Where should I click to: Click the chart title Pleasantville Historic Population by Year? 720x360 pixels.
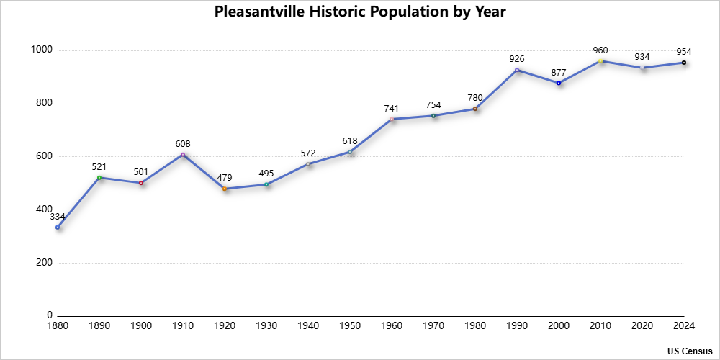[x=360, y=12]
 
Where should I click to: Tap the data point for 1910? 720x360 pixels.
[x=183, y=154]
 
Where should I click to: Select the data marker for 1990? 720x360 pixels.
[x=517, y=70]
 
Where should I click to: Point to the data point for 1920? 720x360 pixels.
[x=225, y=189]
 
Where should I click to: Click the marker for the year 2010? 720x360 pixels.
[x=600, y=61]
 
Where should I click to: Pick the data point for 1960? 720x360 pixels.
[x=392, y=119]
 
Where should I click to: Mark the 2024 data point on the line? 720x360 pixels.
[x=684, y=63]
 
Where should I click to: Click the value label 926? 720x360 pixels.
[x=517, y=58]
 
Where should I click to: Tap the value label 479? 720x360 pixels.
[x=225, y=177]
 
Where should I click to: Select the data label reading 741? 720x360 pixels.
[x=392, y=108]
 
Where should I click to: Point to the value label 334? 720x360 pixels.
[x=58, y=216]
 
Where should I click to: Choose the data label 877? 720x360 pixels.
[x=559, y=71]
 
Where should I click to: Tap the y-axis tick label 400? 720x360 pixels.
[x=45, y=210]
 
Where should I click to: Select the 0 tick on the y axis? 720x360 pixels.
[x=50, y=315]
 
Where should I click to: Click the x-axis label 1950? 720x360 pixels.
[x=350, y=326]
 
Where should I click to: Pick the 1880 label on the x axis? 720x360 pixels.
[x=58, y=326]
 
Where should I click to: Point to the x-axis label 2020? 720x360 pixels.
[x=642, y=326]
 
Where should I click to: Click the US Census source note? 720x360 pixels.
[x=690, y=351]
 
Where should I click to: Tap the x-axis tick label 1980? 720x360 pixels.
[x=475, y=326]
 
